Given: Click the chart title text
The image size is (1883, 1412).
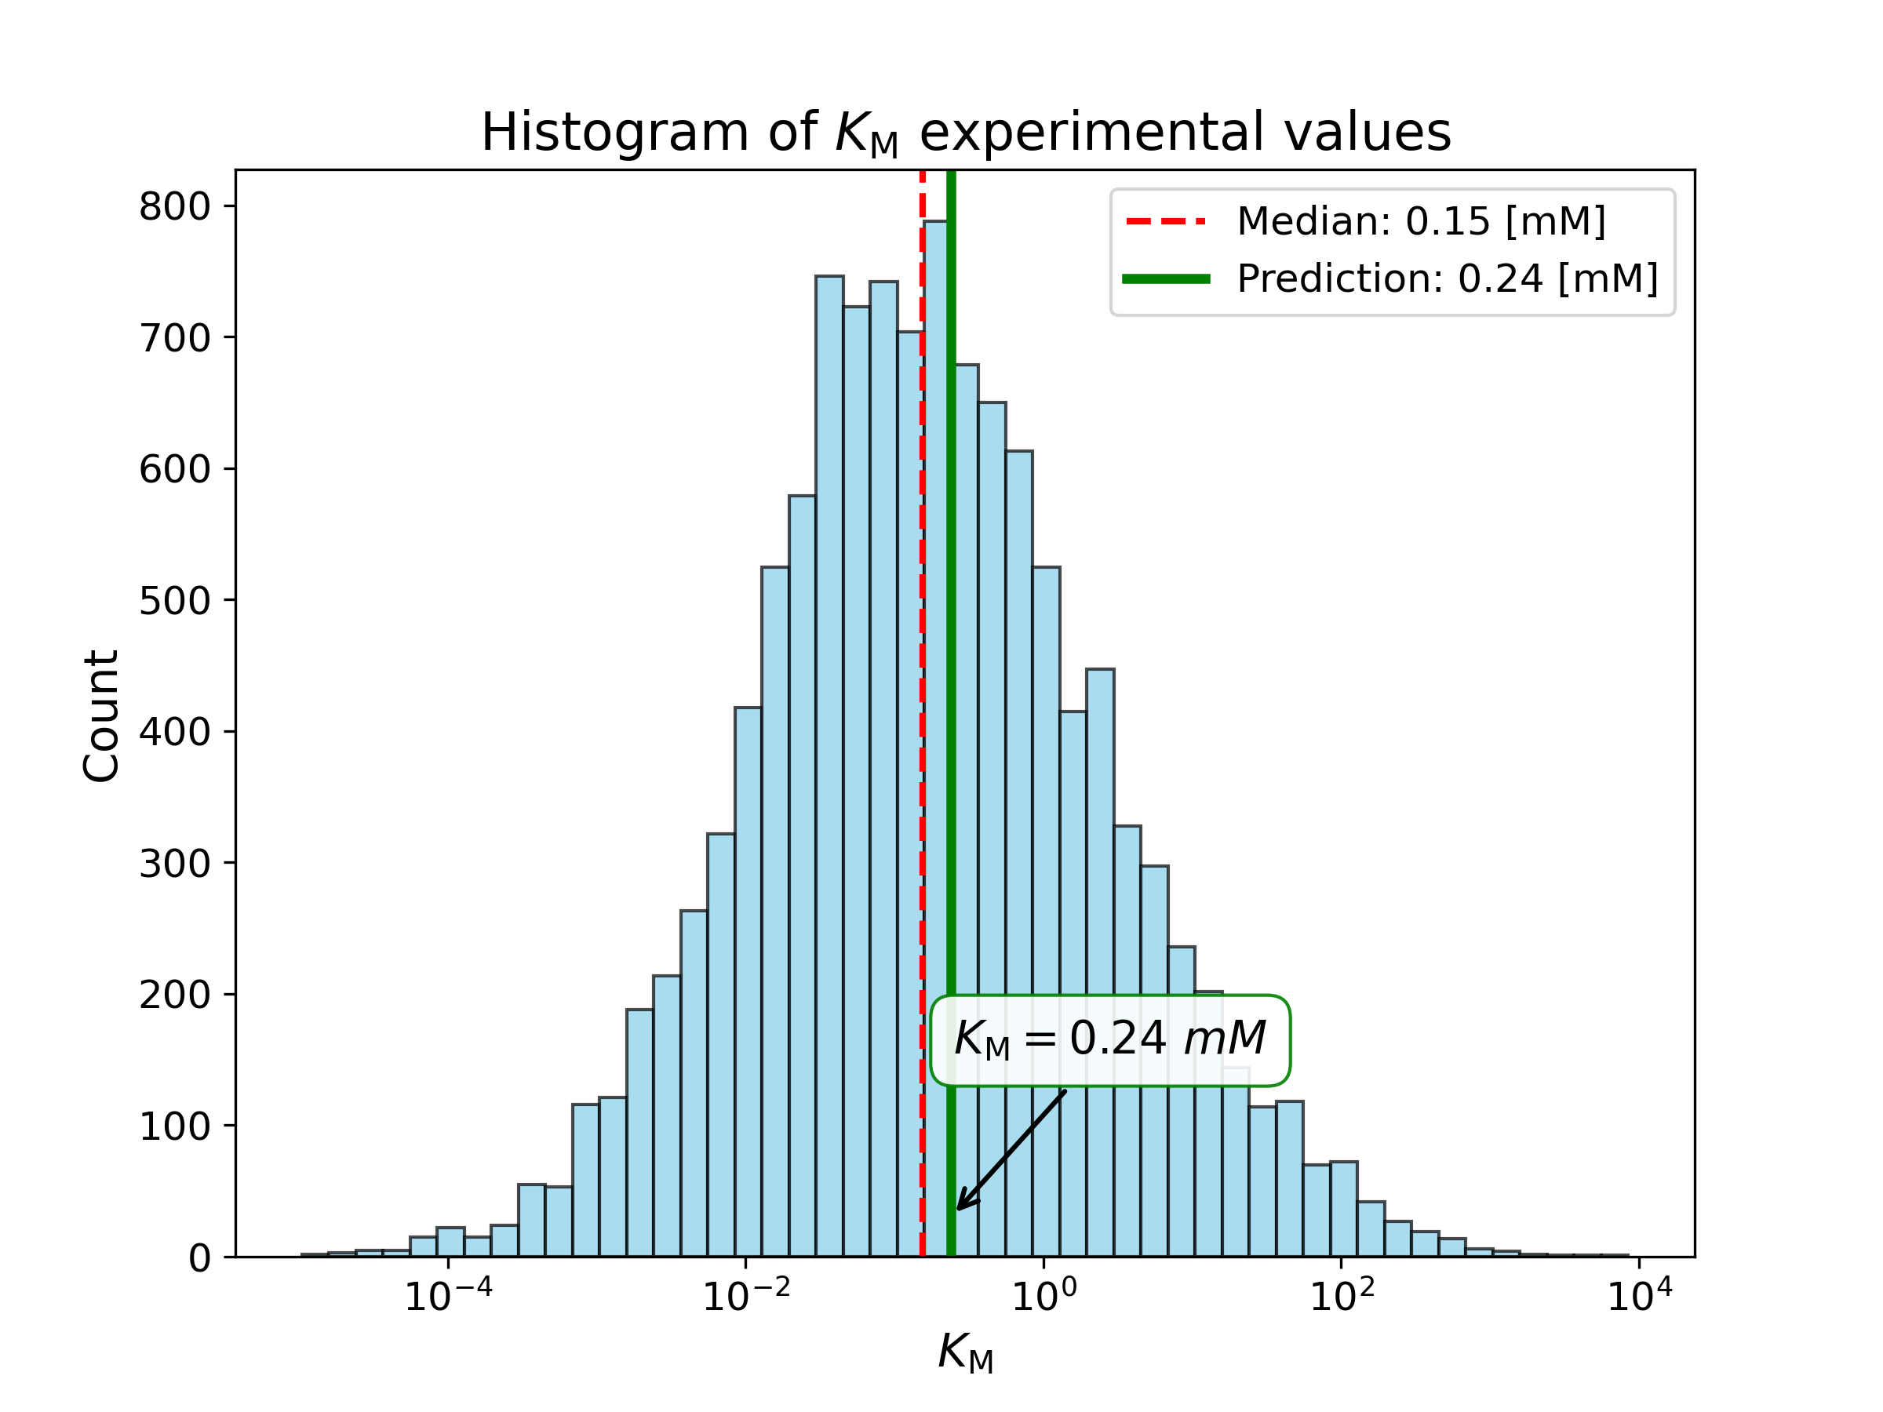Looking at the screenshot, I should (x=965, y=133).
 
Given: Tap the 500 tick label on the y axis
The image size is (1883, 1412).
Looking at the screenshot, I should (x=174, y=602).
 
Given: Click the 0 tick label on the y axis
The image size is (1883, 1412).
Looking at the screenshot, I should (x=199, y=1258).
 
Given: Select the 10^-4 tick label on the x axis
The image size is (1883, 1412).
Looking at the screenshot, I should (x=449, y=1297).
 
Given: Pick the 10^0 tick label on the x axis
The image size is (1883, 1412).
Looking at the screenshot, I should (x=1043, y=1297).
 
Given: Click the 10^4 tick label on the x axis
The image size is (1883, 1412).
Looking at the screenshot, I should (x=1640, y=1297).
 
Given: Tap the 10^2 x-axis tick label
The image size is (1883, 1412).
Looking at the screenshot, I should (x=1342, y=1297).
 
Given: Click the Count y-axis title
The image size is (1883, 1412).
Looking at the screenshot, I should (x=101, y=715).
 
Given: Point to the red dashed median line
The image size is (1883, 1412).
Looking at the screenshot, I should (x=922, y=766).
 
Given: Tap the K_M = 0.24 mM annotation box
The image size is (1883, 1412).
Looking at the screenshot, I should (x=1110, y=1040).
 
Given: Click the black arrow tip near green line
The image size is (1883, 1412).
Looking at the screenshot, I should (x=960, y=1208).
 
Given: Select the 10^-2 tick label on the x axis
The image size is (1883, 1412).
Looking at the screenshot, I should (x=745, y=1297).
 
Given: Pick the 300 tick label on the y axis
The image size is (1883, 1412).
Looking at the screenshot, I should (x=174, y=864).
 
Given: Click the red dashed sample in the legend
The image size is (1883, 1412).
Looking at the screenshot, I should (x=1165, y=222).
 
